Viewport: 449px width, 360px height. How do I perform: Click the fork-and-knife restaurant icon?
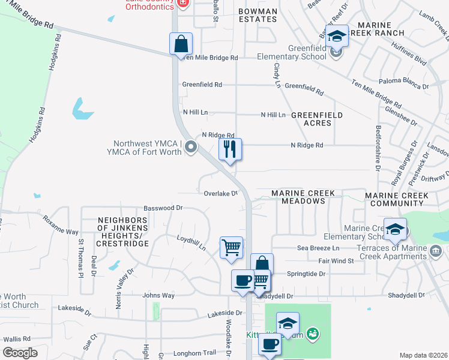point(229,149)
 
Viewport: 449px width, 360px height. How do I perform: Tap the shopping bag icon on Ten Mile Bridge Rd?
point(181,44)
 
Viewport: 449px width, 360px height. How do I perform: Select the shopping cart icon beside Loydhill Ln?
point(231,247)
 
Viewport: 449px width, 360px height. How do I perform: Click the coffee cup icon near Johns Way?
point(243,281)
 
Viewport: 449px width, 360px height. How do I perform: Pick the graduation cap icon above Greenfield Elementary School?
point(337,36)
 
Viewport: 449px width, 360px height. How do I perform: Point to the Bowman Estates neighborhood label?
point(258,15)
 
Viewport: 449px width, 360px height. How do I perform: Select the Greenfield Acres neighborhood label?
point(317,119)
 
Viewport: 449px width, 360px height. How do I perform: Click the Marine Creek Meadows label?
point(307,197)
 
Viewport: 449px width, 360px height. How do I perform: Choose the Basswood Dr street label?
point(163,208)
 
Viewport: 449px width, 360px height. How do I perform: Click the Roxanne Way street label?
point(60,225)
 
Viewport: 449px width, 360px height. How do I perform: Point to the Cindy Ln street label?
point(277,76)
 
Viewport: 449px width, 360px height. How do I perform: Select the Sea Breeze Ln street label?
point(318,248)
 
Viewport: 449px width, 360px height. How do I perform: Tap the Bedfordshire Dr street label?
point(378,147)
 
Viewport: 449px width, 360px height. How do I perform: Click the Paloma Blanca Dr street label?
point(404,86)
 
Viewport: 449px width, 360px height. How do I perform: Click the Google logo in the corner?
point(20,353)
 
